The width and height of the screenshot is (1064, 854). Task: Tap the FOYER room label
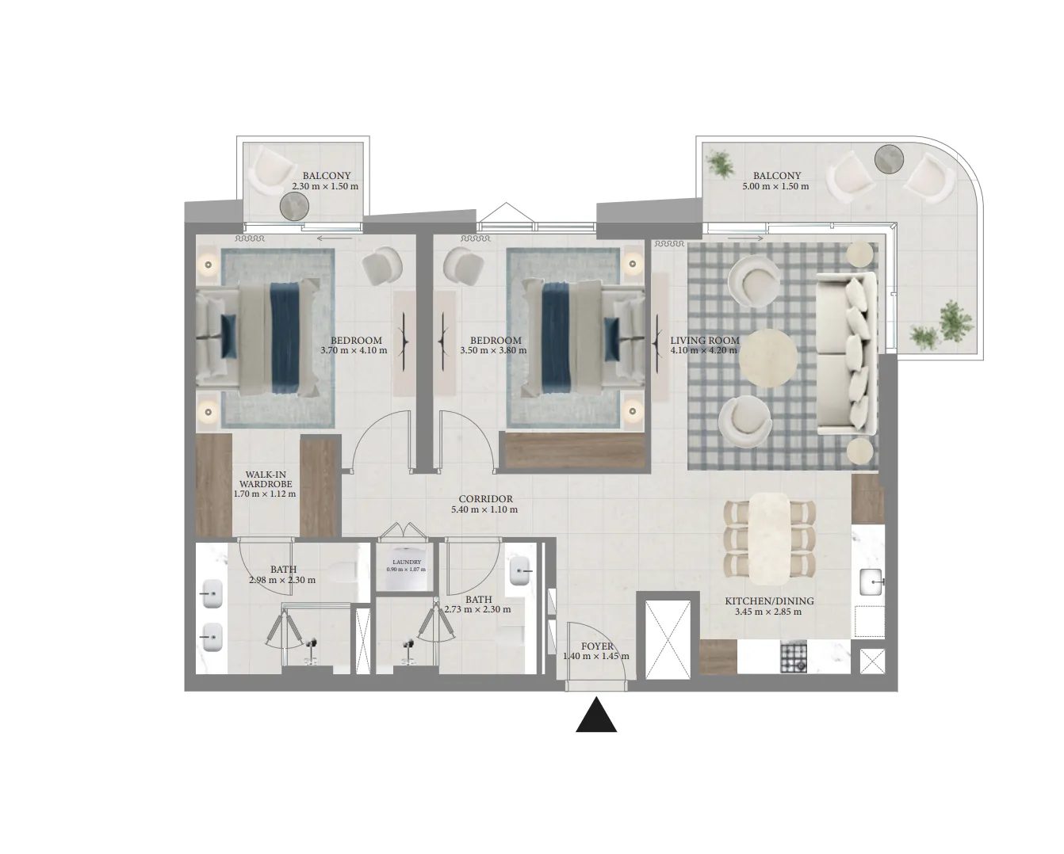tap(597, 646)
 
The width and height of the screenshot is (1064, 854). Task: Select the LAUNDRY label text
tap(407, 562)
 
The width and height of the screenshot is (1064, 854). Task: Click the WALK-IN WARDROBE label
tap(266, 479)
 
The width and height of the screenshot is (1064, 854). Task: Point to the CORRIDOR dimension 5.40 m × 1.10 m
tap(484, 509)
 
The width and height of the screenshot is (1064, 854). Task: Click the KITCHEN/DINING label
tap(769, 601)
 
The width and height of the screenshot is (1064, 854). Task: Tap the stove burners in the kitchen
tap(794, 657)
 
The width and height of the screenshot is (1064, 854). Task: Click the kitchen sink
tap(871, 581)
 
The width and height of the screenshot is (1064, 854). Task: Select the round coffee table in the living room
tap(767, 357)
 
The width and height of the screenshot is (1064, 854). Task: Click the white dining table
tap(769, 538)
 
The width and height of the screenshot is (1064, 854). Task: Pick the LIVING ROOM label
tap(705, 341)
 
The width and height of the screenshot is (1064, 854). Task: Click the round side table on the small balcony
tap(294, 206)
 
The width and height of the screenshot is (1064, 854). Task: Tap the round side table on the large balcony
tap(889, 159)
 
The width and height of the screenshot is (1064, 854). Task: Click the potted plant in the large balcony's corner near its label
tap(721, 164)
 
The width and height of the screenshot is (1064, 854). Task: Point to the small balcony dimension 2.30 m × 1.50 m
tap(325, 186)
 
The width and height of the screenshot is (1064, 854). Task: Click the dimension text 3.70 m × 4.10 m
tap(354, 350)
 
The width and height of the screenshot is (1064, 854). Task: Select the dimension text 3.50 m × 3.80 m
tap(493, 350)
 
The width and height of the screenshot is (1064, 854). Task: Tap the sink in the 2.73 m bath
tap(519, 571)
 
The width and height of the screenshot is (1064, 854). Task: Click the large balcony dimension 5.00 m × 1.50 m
tap(775, 186)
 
